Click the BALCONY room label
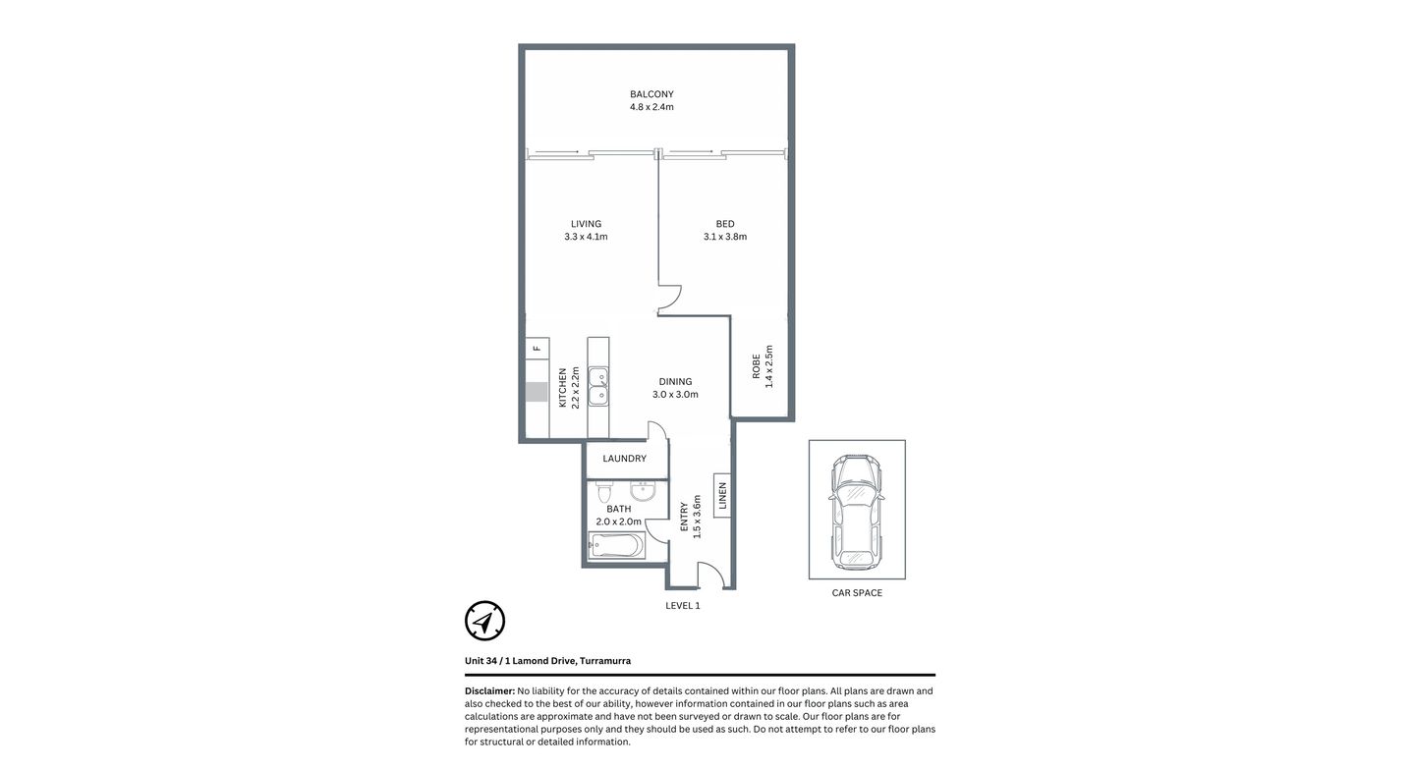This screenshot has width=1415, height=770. (x=651, y=94)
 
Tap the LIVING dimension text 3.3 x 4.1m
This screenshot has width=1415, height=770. (x=586, y=237)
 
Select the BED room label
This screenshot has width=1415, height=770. (x=725, y=224)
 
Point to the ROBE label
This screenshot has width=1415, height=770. (x=756, y=366)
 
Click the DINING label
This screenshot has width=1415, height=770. (x=675, y=382)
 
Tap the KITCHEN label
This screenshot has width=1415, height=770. (x=563, y=388)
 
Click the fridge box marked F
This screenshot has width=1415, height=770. (x=537, y=348)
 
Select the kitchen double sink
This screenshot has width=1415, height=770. (x=597, y=388)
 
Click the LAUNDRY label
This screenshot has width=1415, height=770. (x=624, y=459)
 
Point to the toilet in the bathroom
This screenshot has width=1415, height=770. (x=603, y=490)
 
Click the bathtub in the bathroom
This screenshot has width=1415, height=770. (x=616, y=545)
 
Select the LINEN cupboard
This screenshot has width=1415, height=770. (x=721, y=496)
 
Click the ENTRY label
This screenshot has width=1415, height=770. (x=684, y=518)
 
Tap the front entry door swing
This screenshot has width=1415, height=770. (x=712, y=576)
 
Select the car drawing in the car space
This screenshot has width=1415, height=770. (x=856, y=511)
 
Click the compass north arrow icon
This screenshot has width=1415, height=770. (x=484, y=621)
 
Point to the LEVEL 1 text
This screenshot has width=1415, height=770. (x=683, y=606)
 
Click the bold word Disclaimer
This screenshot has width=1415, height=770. (x=489, y=691)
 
